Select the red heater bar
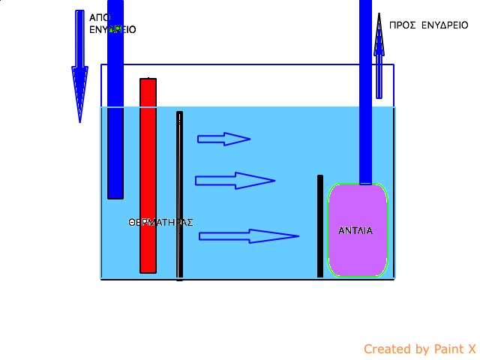(148, 175)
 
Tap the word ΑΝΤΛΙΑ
(355, 230)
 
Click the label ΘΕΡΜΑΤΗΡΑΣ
(161, 222)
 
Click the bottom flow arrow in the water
(248, 236)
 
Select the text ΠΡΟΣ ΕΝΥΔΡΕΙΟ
(428, 25)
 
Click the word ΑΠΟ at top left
(100, 17)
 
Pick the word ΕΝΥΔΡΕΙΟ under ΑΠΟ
(112, 30)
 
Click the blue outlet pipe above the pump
(366, 90)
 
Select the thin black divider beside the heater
(179, 195)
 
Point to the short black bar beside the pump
(320, 226)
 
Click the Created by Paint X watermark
(419, 349)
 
